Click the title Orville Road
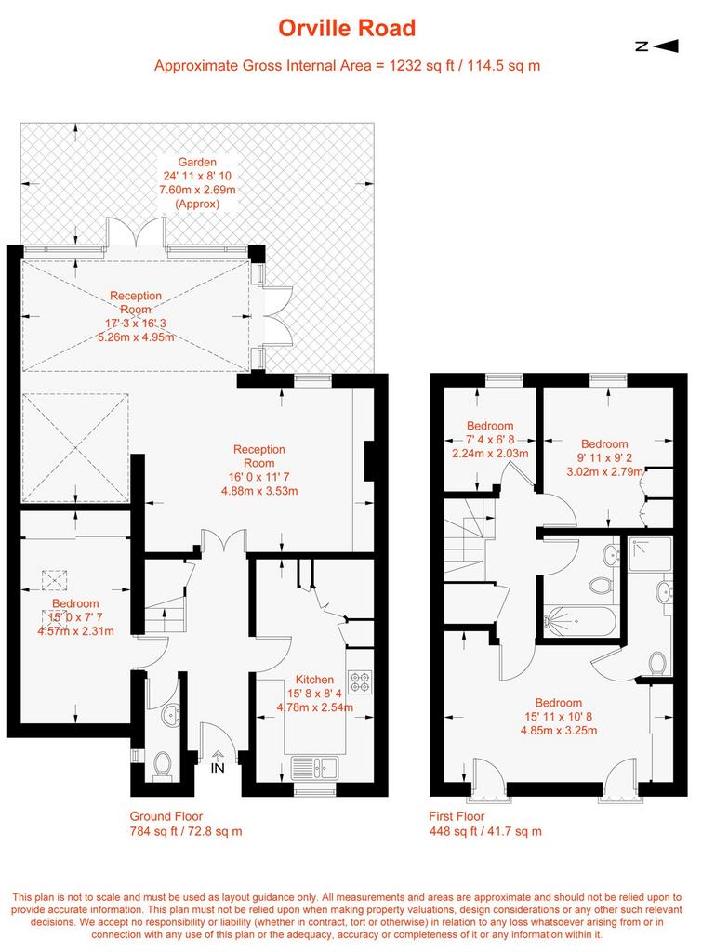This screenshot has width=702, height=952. [x=347, y=28]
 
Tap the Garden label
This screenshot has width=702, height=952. [x=197, y=162]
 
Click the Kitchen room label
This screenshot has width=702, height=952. [x=314, y=680]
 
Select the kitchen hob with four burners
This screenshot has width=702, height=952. [x=360, y=681]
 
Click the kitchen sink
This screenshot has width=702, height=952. [x=314, y=767]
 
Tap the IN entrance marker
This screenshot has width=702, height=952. [x=218, y=763]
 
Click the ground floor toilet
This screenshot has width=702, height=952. [x=162, y=765]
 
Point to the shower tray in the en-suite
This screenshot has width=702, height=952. [x=650, y=554]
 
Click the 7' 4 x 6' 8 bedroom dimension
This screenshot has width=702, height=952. [x=490, y=439]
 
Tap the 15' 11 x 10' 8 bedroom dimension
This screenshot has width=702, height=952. [x=558, y=717]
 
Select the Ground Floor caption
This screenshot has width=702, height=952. [x=166, y=816]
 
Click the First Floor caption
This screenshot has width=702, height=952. [x=457, y=816]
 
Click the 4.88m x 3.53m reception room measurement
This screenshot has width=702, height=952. [x=259, y=491]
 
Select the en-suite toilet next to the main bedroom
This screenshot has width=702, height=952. [x=657, y=663]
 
